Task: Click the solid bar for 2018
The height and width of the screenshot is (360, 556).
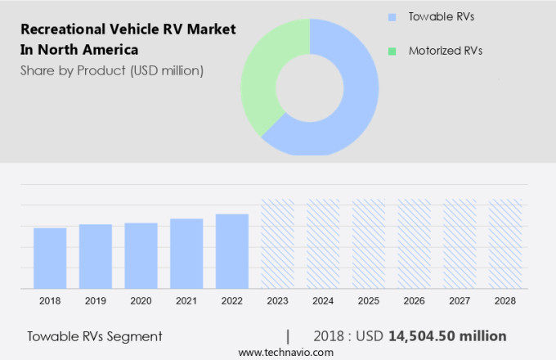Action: click(x=50, y=258)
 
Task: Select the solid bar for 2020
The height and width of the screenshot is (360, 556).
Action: click(x=141, y=255)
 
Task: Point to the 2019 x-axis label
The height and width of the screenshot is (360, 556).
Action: click(x=95, y=301)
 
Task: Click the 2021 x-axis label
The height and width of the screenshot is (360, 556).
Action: click(x=186, y=301)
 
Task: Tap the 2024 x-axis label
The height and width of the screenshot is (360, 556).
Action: click(x=323, y=301)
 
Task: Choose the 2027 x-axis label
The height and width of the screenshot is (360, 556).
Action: click(x=460, y=301)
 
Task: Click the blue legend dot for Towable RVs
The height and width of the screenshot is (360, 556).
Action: click(x=392, y=16)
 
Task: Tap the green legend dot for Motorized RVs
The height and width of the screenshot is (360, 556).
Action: click(x=392, y=51)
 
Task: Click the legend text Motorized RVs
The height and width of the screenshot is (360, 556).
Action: click(x=445, y=51)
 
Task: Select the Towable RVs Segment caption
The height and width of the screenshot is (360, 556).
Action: click(x=95, y=336)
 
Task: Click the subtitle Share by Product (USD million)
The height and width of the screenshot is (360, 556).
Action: click(x=112, y=70)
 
